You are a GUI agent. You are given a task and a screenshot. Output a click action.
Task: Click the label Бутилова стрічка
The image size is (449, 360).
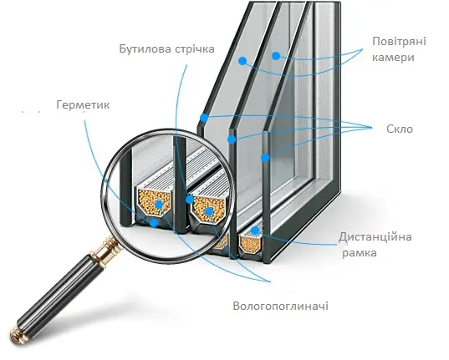coord(166,48)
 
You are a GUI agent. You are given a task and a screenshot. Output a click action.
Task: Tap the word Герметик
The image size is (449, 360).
coord(83,104)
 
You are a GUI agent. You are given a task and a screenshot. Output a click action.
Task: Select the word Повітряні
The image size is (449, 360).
coord(399,42)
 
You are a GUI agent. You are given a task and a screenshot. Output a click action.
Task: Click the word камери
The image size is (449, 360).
coord(393,58)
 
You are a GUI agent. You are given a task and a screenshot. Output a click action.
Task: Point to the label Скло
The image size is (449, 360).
coord(400,129)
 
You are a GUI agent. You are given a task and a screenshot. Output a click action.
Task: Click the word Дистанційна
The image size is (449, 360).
coord(375,237)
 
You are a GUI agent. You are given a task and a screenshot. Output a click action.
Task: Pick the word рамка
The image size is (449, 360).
coord(360,253)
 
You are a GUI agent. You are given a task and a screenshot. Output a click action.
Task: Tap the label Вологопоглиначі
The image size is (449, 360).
coord(281,307)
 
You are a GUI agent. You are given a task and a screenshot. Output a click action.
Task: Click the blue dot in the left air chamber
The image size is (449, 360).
coord(242,61)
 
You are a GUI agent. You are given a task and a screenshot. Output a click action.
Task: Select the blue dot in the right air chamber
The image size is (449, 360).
coord(276,56)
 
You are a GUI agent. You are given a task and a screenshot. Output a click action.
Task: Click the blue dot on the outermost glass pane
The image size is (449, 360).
coord(204,118)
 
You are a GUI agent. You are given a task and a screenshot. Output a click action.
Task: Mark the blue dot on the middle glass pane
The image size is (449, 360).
coord(232,139)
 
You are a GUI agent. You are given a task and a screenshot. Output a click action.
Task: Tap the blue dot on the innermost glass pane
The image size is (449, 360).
coord(265,158)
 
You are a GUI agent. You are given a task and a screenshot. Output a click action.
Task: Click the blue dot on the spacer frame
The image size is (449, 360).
coord(255,231)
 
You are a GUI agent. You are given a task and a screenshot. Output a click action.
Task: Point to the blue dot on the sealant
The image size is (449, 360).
coord(154,223)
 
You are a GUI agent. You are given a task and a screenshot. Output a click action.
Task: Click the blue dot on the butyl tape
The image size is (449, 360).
coord(189,200)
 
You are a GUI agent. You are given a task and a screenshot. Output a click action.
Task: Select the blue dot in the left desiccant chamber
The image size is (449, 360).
coord(159,205)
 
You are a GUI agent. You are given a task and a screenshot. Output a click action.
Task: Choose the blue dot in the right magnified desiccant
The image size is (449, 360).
coord(209,211)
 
